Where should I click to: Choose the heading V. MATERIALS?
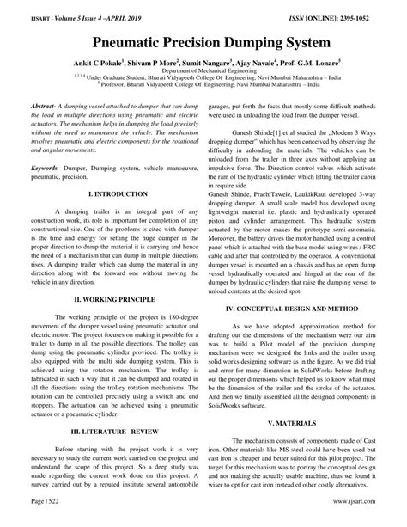click(x=305, y=424)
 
